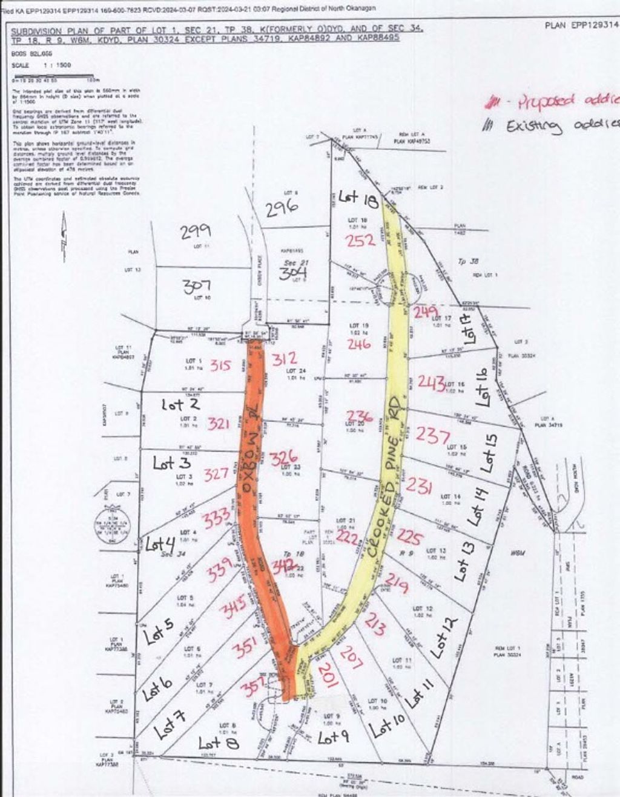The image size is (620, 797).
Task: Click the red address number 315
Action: coord(221,365)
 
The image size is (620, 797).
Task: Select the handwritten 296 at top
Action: coord(282,208)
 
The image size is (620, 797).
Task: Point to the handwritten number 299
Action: coord(196,231)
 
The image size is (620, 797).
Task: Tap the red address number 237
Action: coord(432,436)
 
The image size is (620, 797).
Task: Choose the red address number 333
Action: coord(216,518)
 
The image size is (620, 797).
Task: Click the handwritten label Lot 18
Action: coord(358,198)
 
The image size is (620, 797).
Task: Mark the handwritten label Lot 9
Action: coord(334,737)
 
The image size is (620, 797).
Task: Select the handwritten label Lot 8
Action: coord(218,742)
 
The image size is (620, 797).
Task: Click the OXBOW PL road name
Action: coord(250,454)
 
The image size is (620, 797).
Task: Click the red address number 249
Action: coord(425,312)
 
